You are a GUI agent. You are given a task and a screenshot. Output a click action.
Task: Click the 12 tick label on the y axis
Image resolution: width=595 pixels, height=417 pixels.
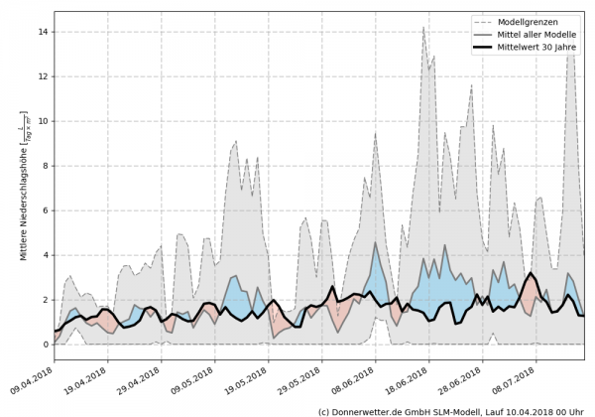point(44,76)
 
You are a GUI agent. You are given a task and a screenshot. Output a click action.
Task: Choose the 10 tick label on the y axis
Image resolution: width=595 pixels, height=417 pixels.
point(44,121)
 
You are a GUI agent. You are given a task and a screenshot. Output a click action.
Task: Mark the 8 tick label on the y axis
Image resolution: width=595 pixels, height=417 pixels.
point(46,166)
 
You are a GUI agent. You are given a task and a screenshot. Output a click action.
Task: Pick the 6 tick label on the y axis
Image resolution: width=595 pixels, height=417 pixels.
point(46,210)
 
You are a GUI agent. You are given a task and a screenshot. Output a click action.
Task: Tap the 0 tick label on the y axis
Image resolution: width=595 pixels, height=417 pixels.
point(46,345)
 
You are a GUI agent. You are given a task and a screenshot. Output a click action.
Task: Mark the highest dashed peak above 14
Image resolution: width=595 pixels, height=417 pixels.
point(423,27)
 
